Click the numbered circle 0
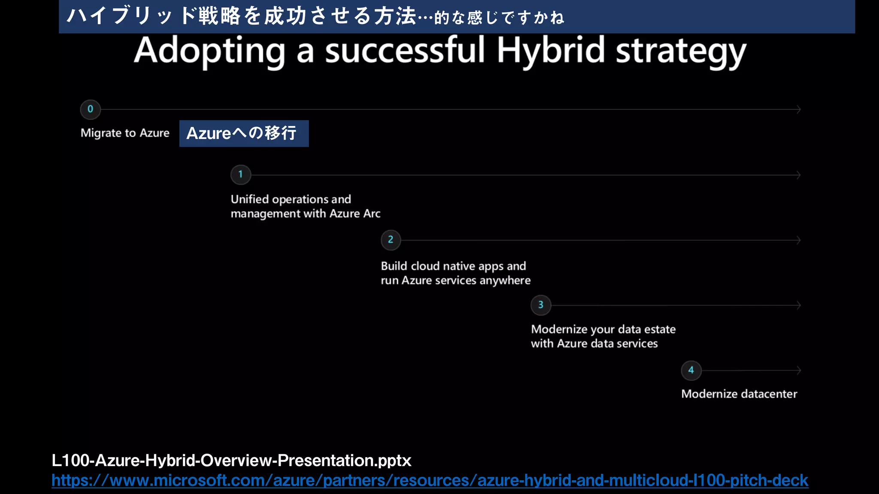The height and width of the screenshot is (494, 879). pos(90,109)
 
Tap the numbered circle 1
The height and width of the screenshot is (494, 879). pos(240,175)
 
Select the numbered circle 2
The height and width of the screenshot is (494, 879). pos(391,240)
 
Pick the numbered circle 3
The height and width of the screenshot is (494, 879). pos(541,305)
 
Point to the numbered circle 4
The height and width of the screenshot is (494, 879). pos(691,370)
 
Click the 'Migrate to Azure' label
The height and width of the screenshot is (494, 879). pos(125,133)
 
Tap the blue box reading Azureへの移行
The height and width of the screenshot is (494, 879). pos(244,133)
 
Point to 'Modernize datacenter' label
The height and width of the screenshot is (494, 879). pos(739,394)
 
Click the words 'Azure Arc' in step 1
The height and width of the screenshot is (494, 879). pos(355,214)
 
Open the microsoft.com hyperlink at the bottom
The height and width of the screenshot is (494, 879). pos(429,480)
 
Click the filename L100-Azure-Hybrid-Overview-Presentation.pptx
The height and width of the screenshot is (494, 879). pos(231,461)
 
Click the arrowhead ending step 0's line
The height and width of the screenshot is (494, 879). pos(799,109)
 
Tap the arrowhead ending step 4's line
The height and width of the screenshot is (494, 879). pos(799,370)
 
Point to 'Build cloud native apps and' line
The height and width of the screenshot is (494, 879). pos(453,266)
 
